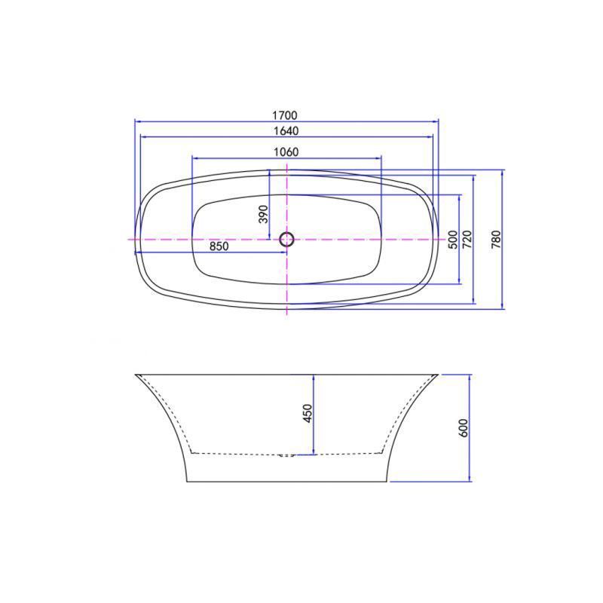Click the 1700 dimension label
285,115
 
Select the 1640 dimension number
286,130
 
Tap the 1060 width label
286,152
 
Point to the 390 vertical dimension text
263,214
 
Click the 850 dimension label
219,246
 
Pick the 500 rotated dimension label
453,240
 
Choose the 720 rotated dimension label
467,240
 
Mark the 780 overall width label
496,239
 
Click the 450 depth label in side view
308,413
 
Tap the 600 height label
464,427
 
